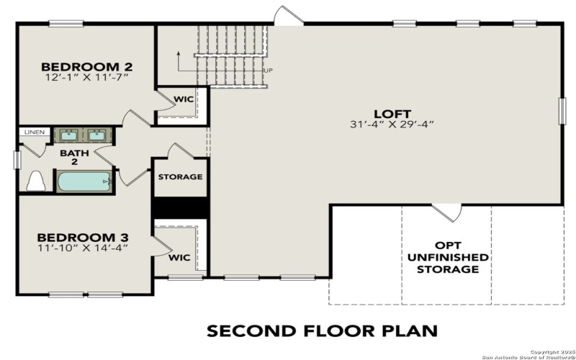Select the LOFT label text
click(x=392, y=114)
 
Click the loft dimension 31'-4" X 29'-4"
click(x=392, y=125)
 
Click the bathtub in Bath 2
click(x=85, y=181)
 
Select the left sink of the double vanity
click(x=69, y=135)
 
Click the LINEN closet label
click(x=34, y=132)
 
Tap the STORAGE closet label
click(x=180, y=177)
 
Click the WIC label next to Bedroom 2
click(x=184, y=99)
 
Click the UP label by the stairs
click(x=269, y=71)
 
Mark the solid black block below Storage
click(x=180, y=206)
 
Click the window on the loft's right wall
click(x=562, y=112)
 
